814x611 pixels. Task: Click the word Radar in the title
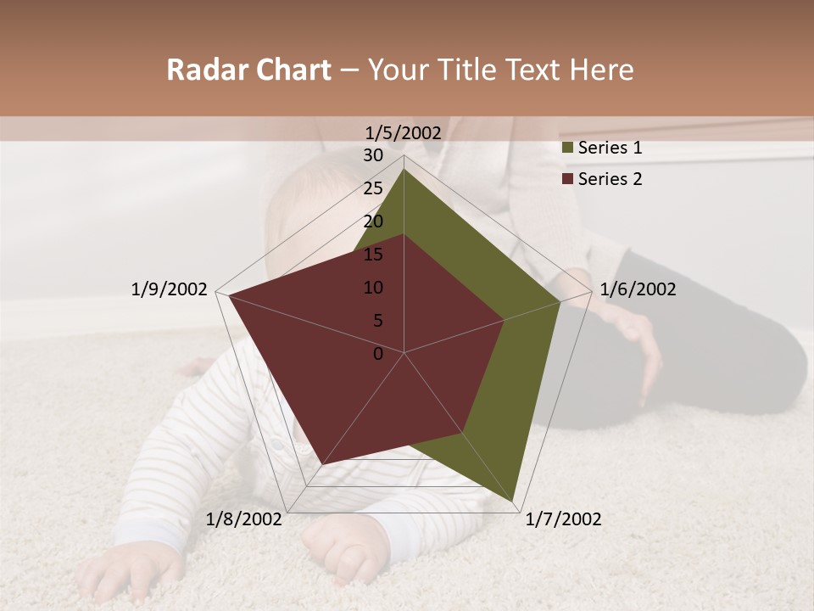pos(201,70)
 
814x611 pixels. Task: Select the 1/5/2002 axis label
pos(404,132)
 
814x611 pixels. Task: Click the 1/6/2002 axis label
pos(638,289)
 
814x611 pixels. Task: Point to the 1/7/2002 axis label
pos(563,519)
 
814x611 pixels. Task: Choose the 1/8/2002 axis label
pos(244,519)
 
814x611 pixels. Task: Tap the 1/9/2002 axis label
pos(170,289)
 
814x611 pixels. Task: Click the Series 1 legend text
pos(610,148)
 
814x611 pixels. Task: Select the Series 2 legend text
pos(610,179)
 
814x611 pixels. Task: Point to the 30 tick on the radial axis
pos(373,155)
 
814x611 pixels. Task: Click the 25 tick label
pos(373,188)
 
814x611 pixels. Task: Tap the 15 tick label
pos(373,255)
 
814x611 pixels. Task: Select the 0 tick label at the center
pos(378,354)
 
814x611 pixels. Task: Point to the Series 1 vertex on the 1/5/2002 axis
pos(404,168)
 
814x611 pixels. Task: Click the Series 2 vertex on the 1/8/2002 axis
pos(323,464)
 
